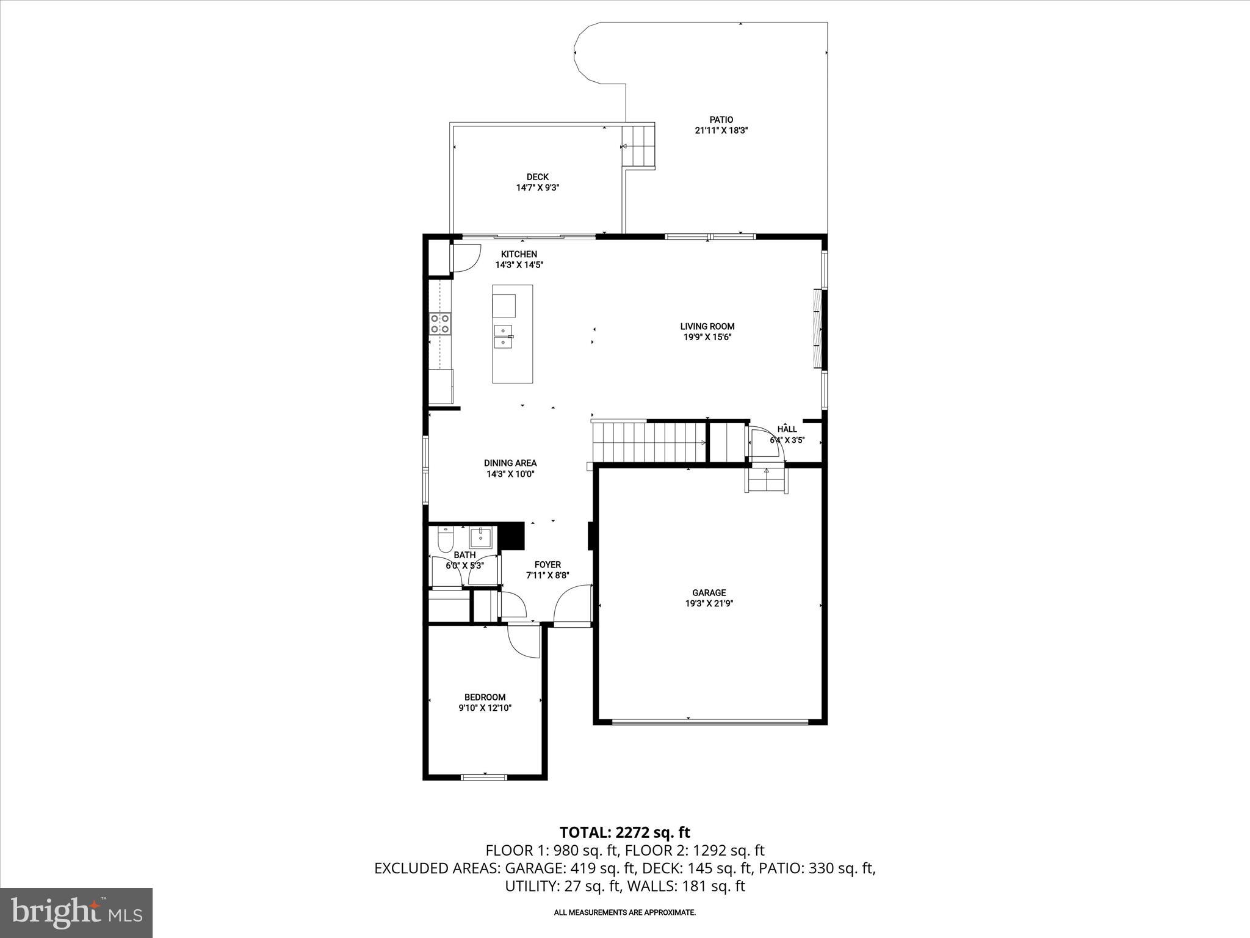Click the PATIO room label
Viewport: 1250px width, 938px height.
[x=721, y=120]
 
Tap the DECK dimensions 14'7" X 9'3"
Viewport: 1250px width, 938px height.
[x=537, y=188]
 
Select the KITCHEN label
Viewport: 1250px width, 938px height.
[x=519, y=254]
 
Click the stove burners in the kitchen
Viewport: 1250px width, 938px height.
[x=440, y=323]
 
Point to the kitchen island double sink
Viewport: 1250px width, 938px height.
[x=504, y=336]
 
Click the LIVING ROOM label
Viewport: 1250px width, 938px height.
[x=707, y=326]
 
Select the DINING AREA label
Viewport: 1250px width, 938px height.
[x=510, y=463]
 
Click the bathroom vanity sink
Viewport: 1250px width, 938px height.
[x=481, y=537]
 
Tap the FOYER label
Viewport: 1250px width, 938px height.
[x=547, y=565]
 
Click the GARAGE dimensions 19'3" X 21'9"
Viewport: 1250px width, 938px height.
[x=709, y=603]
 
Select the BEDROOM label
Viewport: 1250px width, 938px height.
[x=485, y=697]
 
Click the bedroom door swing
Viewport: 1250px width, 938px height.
[x=524, y=641]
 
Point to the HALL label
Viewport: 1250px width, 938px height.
[x=787, y=429]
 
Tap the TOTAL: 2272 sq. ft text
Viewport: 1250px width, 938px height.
[x=624, y=832]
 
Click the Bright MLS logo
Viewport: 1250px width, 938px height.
[x=76, y=913]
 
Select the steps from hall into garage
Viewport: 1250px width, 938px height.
[x=767, y=481]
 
